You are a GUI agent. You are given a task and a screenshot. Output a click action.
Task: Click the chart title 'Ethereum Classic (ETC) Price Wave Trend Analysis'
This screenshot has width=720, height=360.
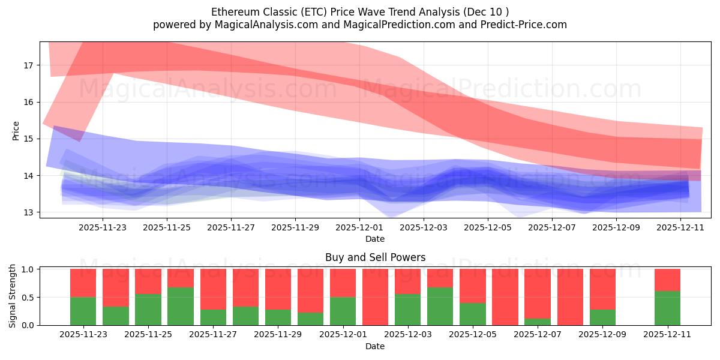click(x=360, y=12)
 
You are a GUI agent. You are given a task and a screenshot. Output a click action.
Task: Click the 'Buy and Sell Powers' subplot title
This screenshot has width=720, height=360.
click(x=375, y=257)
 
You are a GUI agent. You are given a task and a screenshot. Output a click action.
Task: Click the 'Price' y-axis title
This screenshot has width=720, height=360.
click(x=16, y=130)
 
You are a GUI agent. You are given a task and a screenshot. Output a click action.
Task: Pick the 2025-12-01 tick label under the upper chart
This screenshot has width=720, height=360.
click(x=359, y=227)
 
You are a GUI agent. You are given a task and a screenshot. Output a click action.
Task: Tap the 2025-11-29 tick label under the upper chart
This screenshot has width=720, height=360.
click(x=295, y=227)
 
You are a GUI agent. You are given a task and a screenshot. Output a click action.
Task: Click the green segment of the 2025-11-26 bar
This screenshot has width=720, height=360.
click(x=181, y=307)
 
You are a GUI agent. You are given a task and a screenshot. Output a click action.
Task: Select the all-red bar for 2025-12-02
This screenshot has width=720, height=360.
click(x=376, y=297)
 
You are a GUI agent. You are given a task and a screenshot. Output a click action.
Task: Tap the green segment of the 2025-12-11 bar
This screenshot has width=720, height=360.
click(x=667, y=308)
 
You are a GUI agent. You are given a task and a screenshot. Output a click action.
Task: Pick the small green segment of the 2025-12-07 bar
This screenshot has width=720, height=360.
click(x=538, y=322)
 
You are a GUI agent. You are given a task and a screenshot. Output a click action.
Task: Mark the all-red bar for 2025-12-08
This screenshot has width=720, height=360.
click(x=570, y=297)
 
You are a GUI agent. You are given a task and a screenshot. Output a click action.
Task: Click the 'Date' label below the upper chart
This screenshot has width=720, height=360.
click(x=375, y=239)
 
